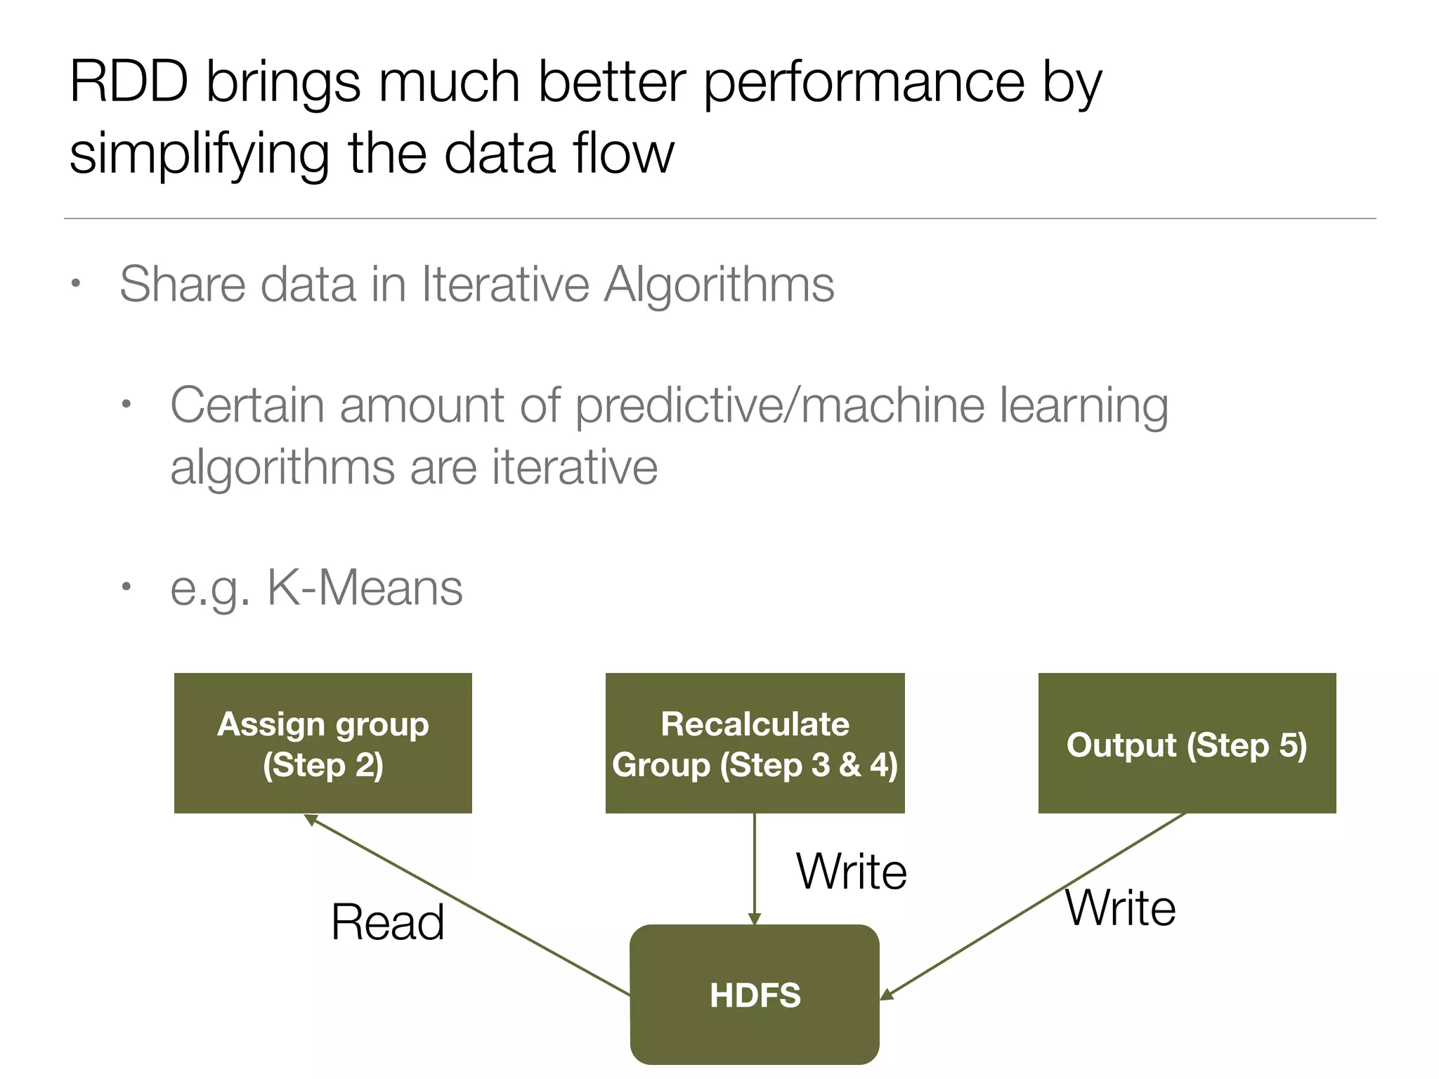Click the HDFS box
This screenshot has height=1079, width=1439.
coord(755,994)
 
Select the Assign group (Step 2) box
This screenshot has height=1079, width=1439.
coord(323,743)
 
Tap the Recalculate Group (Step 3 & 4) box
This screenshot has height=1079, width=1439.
coord(755,743)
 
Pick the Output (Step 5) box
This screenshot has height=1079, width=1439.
coord(1187,743)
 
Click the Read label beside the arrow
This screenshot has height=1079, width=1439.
coord(387,922)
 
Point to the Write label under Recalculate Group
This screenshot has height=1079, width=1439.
coord(851,872)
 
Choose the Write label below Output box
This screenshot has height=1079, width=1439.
coord(1120,908)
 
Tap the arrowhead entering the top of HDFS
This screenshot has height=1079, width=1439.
coord(755,919)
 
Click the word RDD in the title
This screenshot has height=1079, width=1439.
coord(129,82)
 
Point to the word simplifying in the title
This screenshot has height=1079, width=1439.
coord(200,155)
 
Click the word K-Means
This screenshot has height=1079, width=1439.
coord(365,587)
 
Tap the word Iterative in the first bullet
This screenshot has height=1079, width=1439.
coord(504,285)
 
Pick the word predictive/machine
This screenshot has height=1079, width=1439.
coord(780,406)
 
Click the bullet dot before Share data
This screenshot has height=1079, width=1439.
coord(76,285)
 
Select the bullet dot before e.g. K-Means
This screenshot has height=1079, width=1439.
coord(126,587)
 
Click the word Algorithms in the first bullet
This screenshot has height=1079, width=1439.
coord(719,285)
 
